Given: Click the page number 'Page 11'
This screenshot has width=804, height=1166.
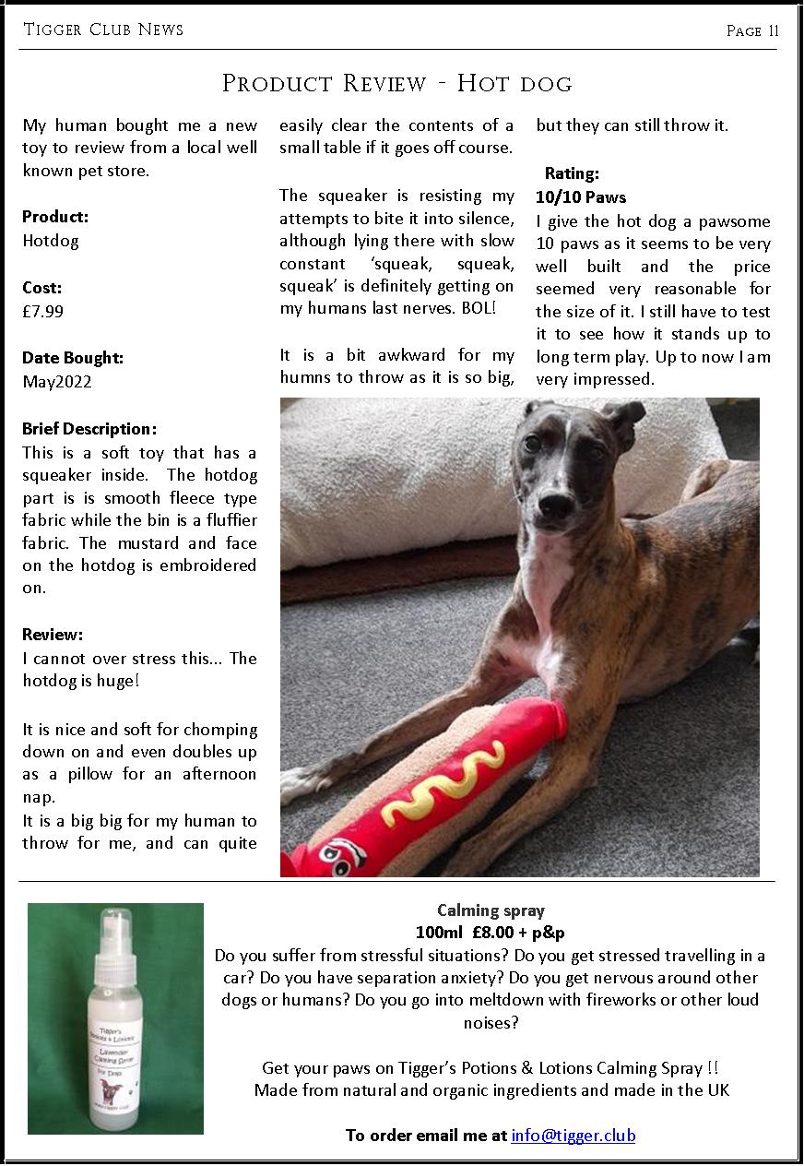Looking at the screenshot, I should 752,30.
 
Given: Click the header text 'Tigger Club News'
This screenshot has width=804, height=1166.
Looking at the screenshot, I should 103,30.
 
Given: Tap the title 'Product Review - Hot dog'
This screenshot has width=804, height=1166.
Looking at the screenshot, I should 397,83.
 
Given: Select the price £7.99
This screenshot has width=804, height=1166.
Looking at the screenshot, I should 43,311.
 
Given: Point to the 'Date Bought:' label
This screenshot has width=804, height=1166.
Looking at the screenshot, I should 73,358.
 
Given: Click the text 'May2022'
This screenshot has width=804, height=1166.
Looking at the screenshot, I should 57,381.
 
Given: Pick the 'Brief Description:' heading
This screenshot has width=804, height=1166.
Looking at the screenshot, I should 89,429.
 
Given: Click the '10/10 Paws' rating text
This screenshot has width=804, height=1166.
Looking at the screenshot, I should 580,197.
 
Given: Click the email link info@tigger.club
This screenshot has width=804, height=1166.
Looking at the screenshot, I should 573,1135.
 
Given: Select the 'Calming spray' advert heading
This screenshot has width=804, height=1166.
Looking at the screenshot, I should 491,910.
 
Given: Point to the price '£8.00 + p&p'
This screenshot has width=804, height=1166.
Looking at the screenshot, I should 518,933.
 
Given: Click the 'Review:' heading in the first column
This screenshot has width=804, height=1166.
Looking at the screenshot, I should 53,635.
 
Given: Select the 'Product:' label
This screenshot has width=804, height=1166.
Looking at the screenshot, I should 55,218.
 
